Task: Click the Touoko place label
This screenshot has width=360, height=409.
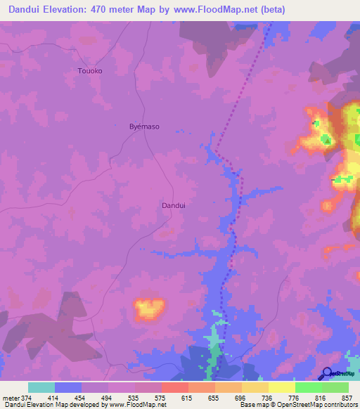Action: point(89,71)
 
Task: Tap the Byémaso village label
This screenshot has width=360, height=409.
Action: point(145,126)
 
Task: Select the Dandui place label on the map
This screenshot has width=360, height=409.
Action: point(174,205)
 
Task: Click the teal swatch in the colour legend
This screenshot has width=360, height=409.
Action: point(41,387)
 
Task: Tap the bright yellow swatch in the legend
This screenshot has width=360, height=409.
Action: point(281,387)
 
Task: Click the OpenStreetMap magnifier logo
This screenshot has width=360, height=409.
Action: point(328,374)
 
